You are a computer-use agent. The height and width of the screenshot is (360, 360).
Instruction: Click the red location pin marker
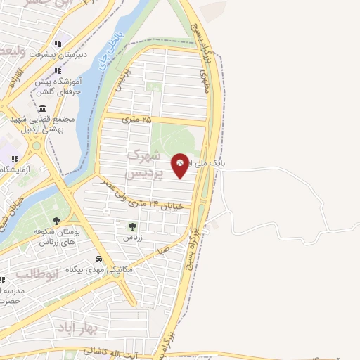point(180,165)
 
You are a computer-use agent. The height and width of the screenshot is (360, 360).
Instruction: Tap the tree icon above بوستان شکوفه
point(56,221)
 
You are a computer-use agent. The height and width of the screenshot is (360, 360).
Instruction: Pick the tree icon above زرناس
point(132,226)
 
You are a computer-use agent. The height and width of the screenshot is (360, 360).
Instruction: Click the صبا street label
point(163,249)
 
